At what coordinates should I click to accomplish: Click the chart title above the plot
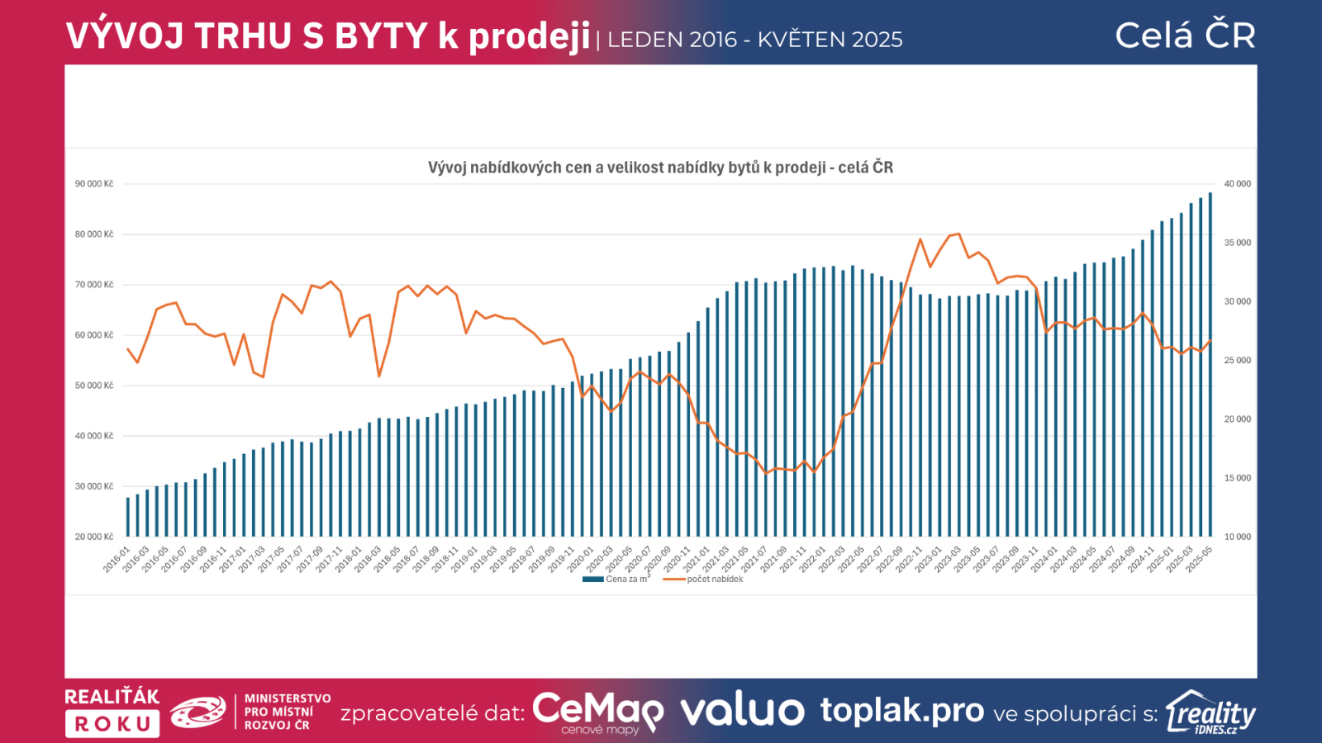[x=660, y=168]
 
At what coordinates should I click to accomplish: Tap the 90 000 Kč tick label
[x=94, y=184]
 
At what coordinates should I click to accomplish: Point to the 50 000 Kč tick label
[x=94, y=386]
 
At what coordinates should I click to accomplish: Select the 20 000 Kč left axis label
[x=94, y=537]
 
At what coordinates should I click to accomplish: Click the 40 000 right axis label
[x=1237, y=184]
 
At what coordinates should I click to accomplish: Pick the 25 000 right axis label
[x=1237, y=361]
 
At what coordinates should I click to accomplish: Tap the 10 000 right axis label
[x=1237, y=537]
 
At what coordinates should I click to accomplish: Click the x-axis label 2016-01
[x=117, y=558]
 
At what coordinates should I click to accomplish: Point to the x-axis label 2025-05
[x=1199, y=558]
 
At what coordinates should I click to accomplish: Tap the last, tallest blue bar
[x=1210, y=363]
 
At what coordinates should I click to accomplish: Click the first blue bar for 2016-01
[x=127, y=517]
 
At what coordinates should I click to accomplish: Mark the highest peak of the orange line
[x=958, y=234]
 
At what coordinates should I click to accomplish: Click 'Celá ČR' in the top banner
[x=1185, y=35]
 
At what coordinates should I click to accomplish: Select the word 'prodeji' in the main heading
[x=530, y=36]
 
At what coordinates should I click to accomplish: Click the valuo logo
[x=742, y=711]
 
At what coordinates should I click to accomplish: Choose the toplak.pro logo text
[x=901, y=710]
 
